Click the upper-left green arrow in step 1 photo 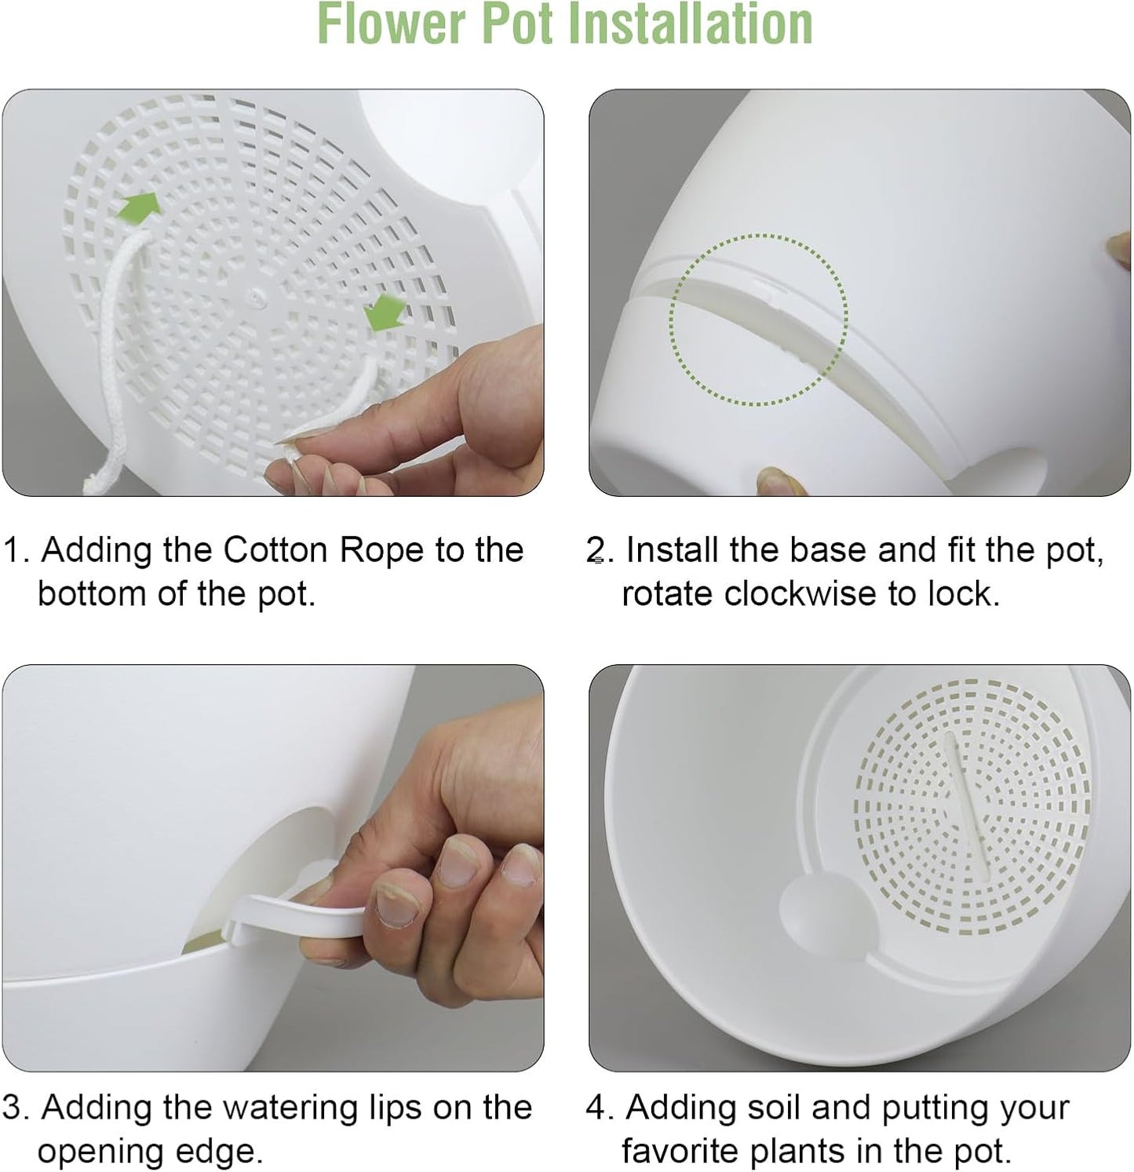(139, 206)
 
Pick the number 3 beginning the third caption (14, 1108)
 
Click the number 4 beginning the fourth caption (597, 1108)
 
